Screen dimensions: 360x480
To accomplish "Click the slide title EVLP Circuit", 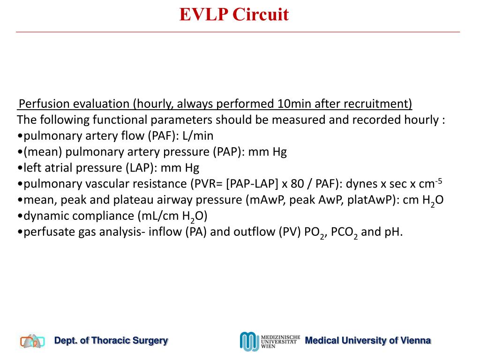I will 234,15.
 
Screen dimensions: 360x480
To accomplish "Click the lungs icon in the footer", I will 32,341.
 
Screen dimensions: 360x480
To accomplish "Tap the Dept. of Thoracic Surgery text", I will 111,341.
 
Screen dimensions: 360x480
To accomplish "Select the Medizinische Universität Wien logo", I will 270,341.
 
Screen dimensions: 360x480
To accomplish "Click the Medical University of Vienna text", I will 367,341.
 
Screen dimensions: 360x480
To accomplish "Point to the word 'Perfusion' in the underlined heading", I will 42,104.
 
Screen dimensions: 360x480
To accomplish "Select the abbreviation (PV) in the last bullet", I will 290,232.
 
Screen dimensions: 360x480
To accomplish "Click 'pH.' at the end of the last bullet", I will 393,232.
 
